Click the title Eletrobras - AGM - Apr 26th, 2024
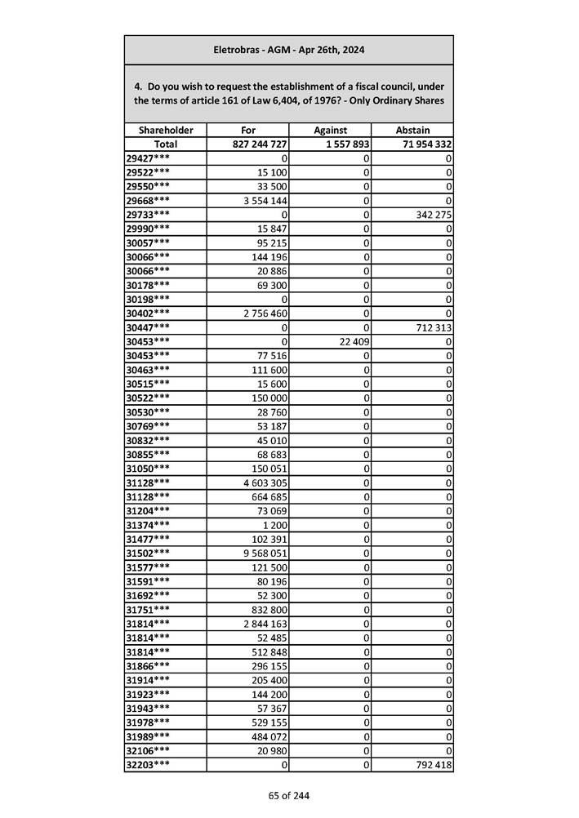(x=288, y=50)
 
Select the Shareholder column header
(x=166, y=130)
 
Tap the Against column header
(x=330, y=130)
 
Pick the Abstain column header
(x=412, y=130)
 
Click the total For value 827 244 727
(x=259, y=144)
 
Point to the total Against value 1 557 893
(x=344, y=144)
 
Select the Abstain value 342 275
(x=434, y=214)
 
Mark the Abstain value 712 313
(x=434, y=327)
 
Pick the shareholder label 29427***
(x=149, y=158)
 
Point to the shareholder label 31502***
(x=149, y=553)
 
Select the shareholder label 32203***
(x=149, y=765)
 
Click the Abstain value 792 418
(x=434, y=765)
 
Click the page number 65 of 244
(x=288, y=795)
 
